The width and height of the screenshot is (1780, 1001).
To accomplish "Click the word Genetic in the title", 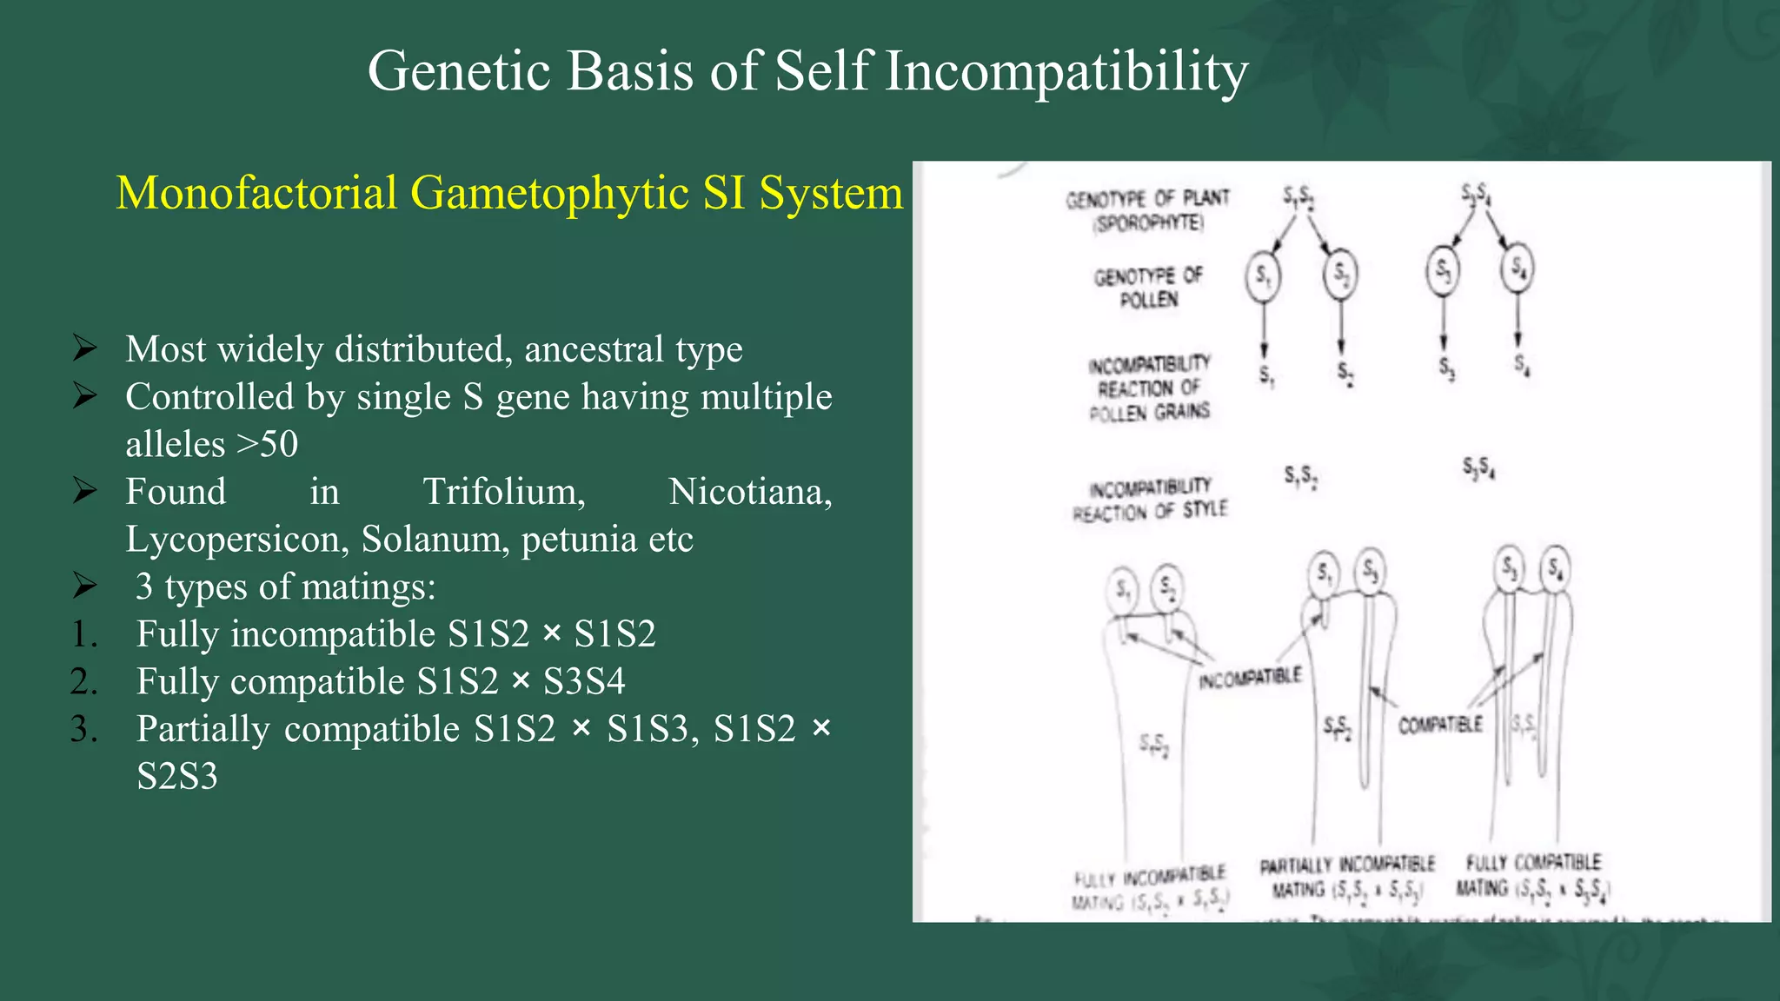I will click(x=461, y=71).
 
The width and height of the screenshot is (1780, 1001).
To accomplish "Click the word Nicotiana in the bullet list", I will click(x=750, y=492).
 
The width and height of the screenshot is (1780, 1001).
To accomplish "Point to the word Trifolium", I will click(x=504, y=492).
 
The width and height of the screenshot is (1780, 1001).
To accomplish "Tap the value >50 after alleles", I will click(x=267, y=445).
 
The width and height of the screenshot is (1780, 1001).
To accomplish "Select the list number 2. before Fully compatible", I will click(x=84, y=682).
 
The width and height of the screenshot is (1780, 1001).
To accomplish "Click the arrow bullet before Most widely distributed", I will click(x=85, y=349).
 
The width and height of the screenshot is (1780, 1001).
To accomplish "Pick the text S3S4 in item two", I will click(x=584, y=682).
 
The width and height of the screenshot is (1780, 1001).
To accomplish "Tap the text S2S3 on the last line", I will click(x=177, y=777).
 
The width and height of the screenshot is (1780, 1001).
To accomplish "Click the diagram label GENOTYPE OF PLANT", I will click(x=1147, y=209).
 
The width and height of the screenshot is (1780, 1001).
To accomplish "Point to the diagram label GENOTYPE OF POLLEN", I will click(x=1148, y=288).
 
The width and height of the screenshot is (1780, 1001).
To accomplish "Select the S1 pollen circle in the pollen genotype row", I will click(x=1263, y=277).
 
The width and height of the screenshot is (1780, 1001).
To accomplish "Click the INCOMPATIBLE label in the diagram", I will click(x=1250, y=678).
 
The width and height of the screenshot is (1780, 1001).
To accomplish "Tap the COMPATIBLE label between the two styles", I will click(x=1440, y=724).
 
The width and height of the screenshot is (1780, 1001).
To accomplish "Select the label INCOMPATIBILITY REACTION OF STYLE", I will click(x=1149, y=500).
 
